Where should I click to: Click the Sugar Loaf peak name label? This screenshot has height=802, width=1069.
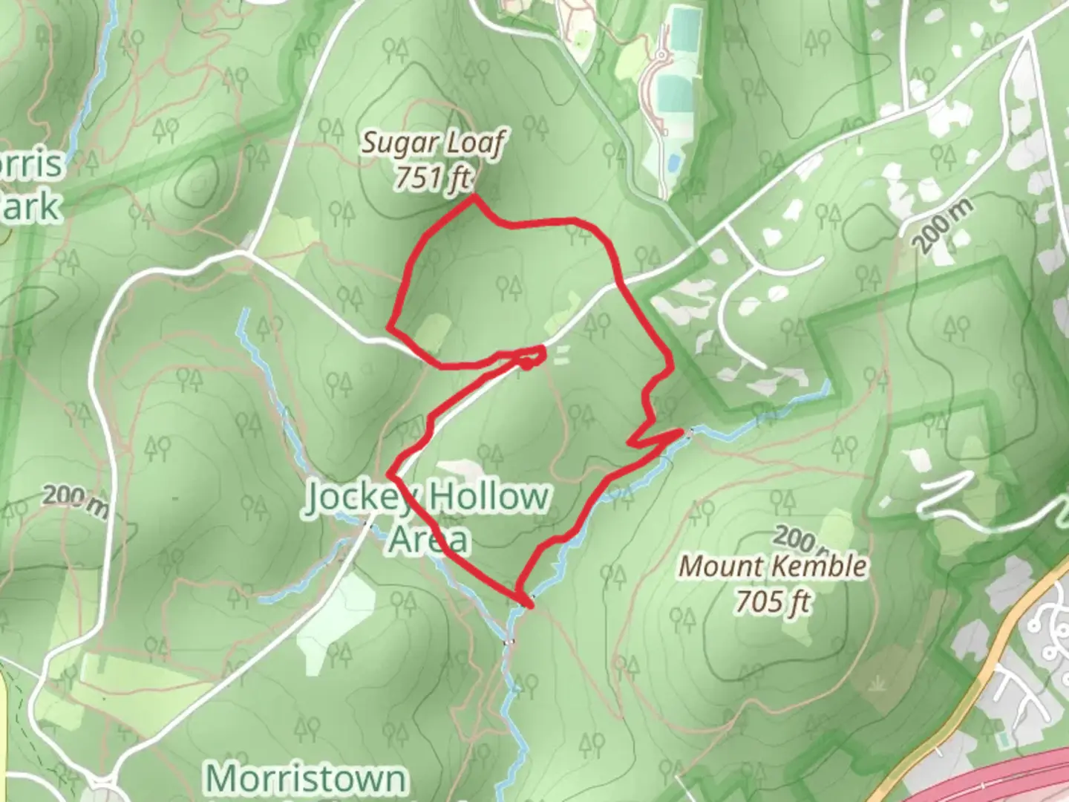(433, 143)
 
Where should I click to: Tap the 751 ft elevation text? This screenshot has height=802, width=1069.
(433, 177)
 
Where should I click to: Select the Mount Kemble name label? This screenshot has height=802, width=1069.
(773, 566)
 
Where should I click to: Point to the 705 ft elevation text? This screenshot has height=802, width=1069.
(773, 600)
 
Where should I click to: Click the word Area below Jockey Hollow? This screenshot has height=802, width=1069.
(428, 540)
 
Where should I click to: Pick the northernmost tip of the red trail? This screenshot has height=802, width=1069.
(474, 197)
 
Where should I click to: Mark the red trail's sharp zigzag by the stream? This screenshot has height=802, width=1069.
(653, 438)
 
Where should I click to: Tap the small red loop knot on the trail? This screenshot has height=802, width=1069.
(526, 363)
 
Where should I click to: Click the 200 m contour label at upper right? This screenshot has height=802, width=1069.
(941, 226)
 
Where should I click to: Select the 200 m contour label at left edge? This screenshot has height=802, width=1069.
(74, 501)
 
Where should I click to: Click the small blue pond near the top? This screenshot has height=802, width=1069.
(673, 162)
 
